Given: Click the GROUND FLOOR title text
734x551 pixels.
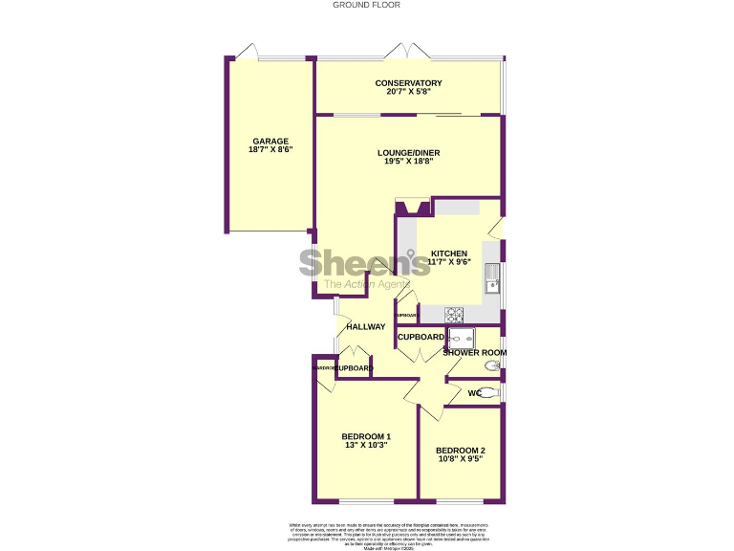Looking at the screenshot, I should pyautogui.click(x=366, y=5).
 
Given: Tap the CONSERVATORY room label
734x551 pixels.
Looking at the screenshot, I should pyautogui.click(x=408, y=83).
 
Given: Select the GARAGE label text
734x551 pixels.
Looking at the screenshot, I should pyautogui.click(x=270, y=141).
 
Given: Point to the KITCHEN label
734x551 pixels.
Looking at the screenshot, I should pyautogui.click(x=448, y=253).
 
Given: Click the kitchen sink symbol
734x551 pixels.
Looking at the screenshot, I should pyautogui.click(x=492, y=277).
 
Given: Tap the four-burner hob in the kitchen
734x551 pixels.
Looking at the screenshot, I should pyautogui.click(x=454, y=314).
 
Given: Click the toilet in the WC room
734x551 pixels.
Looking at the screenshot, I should pyautogui.click(x=486, y=392).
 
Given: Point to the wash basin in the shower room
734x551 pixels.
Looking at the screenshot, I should pyautogui.click(x=492, y=365).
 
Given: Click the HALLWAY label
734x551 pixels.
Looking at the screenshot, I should pyautogui.click(x=365, y=327).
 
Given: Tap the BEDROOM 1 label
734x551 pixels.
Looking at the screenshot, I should pyautogui.click(x=366, y=436).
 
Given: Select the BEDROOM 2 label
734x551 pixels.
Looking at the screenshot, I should pyautogui.click(x=460, y=451).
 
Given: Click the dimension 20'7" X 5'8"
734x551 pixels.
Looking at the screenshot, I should pyautogui.click(x=408, y=93).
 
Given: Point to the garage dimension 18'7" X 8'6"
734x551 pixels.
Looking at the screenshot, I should pyautogui.click(x=270, y=150).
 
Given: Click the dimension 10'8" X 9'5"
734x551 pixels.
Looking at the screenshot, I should pyautogui.click(x=460, y=460).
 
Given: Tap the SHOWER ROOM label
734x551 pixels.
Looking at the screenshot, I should pyautogui.click(x=474, y=353).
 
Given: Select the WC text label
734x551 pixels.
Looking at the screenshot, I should pyautogui.click(x=474, y=393).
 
